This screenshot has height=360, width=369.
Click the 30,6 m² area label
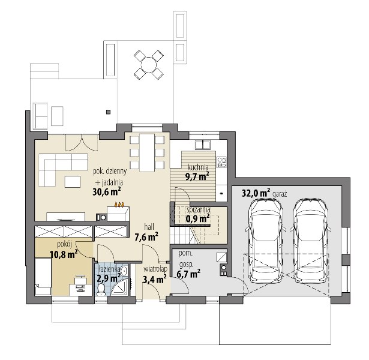tap(107, 192)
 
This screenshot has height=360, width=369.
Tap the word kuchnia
tap(198, 167)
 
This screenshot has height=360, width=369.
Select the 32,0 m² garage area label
tap(256, 193)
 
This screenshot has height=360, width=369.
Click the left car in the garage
tap(266, 241)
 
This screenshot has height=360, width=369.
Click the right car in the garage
tap(311, 241)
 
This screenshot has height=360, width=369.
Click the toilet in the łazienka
tap(101, 289)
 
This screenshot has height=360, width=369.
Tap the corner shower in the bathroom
tap(119, 287)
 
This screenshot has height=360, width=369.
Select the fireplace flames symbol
tap(119, 205)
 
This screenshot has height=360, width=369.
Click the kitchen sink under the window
tap(203, 145)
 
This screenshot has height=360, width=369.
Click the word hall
tap(149, 227)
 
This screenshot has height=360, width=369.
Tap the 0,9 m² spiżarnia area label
tap(198, 219)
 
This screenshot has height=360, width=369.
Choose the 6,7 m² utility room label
tap(188, 274)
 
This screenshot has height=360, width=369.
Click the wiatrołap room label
tap(155, 269)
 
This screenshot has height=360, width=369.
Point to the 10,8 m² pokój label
tap(64, 254)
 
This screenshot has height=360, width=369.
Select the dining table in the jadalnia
tap(147, 152)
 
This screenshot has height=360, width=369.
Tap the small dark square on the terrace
tap(108, 112)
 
